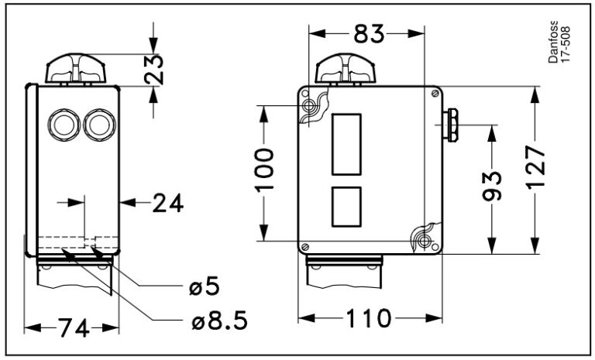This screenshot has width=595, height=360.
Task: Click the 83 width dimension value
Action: [x=369, y=35]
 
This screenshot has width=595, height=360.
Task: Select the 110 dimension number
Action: [x=368, y=318]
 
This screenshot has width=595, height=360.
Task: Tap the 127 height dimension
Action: [x=536, y=166]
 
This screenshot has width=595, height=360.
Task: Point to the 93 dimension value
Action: [x=492, y=186]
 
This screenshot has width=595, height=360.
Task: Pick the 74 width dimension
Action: [x=74, y=327]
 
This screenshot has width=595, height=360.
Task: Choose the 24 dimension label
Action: [x=168, y=204]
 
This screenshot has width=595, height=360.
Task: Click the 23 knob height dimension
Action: [x=154, y=70]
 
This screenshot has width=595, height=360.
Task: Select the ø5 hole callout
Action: [x=205, y=286]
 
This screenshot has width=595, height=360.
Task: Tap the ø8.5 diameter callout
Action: [x=220, y=321]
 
